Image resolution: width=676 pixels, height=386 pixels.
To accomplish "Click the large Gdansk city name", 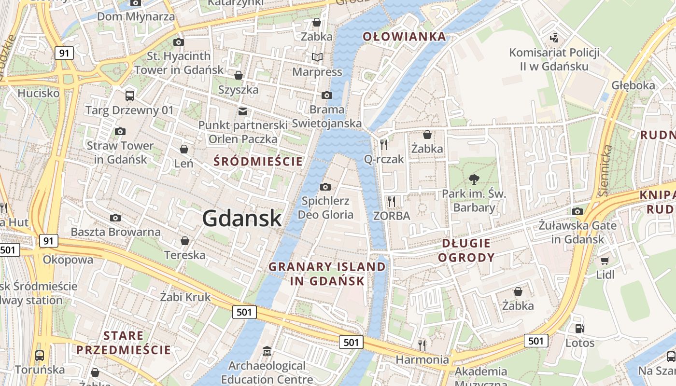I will point(241,218).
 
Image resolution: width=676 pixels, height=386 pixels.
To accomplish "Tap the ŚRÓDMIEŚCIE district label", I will point(258,162).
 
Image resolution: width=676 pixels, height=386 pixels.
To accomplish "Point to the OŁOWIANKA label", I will point(404,37).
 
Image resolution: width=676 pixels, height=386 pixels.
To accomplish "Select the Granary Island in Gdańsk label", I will point(327,274).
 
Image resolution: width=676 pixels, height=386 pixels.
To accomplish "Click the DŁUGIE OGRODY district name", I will point(466,250).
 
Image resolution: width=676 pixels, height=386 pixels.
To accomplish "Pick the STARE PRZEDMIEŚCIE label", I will point(124,343).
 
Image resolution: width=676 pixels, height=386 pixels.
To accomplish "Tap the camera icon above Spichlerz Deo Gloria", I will point(325,187).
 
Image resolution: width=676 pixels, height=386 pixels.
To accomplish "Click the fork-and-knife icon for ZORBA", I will point(392,201).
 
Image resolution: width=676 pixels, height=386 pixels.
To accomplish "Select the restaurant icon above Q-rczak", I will point(384,144).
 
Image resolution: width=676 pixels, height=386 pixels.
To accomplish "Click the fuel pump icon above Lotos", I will point(579,329).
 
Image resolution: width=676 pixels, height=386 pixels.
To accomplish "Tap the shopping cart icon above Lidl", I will point(605,261).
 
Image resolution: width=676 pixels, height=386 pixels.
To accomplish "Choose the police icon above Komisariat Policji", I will point(554,37).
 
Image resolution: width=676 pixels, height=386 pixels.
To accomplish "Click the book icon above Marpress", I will point(317,57).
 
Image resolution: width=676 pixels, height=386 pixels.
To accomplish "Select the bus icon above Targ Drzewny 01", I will point(129,96).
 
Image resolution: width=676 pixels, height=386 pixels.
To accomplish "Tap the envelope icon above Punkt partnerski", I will point(243,111).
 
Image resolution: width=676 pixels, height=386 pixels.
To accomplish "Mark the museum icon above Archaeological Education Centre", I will point(267,351).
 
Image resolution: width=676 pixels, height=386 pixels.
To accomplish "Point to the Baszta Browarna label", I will point(115,232).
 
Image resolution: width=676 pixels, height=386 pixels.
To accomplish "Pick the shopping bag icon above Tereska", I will point(184,240).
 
